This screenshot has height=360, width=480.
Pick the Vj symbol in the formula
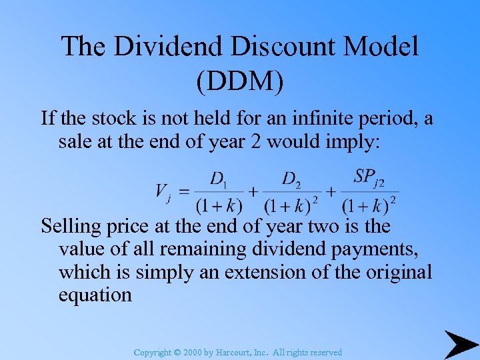(x=163, y=192)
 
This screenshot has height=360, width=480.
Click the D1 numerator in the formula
(x=218, y=179)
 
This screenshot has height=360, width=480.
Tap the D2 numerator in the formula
(x=291, y=179)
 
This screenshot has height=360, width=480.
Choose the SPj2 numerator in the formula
(x=369, y=178)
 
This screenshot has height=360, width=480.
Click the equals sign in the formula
(x=184, y=191)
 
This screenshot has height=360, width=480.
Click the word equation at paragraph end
(x=95, y=295)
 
